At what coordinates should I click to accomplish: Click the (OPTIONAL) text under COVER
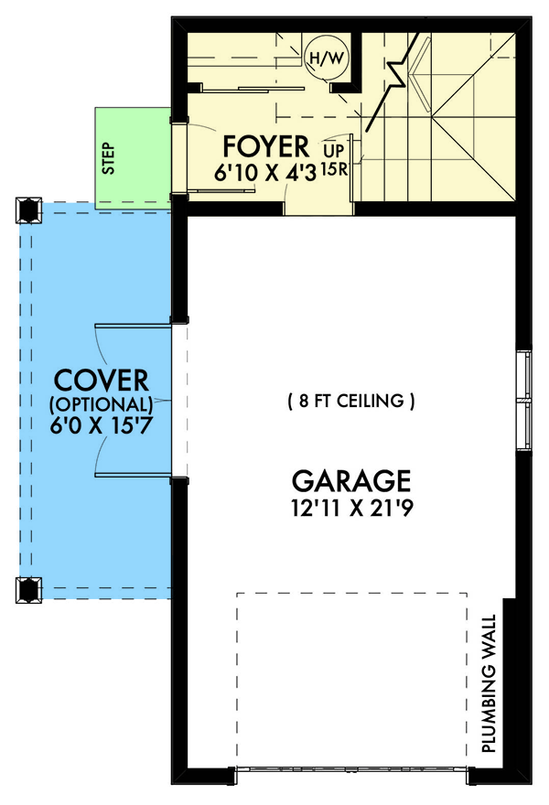click(101, 403)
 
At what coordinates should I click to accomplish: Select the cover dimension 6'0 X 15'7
click(101, 425)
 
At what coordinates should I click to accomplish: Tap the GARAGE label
click(351, 479)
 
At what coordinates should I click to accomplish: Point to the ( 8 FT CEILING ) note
click(351, 401)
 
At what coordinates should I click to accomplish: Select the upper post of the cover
click(27, 210)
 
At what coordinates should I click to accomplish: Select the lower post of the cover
click(27, 590)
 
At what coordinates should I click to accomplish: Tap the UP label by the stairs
click(332, 147)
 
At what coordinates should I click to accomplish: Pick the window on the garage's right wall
click(524, 400)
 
